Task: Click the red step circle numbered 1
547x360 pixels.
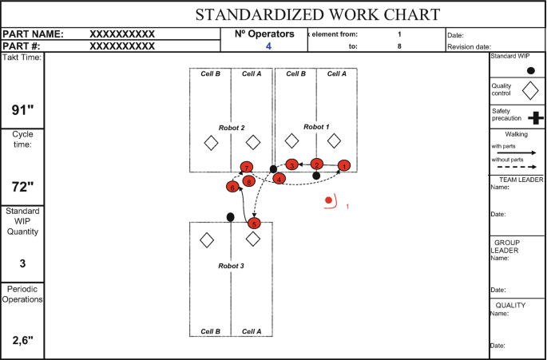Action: [343, 166]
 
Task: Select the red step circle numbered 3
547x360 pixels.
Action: [292, 164]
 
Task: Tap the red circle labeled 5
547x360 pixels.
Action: [254, 224]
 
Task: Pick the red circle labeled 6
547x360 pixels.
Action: [232, 187]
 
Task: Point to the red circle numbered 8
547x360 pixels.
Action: [250, 181]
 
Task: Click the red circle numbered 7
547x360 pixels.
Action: [248, 167]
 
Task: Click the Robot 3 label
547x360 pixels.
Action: [231, 263]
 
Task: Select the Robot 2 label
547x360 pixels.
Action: [232, 128]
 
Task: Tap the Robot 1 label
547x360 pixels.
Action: [316, 127]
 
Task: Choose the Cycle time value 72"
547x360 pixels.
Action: [23, 187]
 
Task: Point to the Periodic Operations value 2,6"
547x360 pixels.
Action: [23, 340]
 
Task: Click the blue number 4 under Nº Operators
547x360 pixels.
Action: [268, 46]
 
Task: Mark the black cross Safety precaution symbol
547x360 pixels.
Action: [535, 117]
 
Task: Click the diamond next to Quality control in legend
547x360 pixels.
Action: [529, 91]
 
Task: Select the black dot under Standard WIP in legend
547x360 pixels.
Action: [531, 70]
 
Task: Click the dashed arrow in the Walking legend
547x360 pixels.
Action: [514, 166]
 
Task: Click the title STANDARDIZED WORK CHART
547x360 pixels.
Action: [318, 14]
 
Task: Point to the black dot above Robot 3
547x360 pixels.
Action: [231, 216]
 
